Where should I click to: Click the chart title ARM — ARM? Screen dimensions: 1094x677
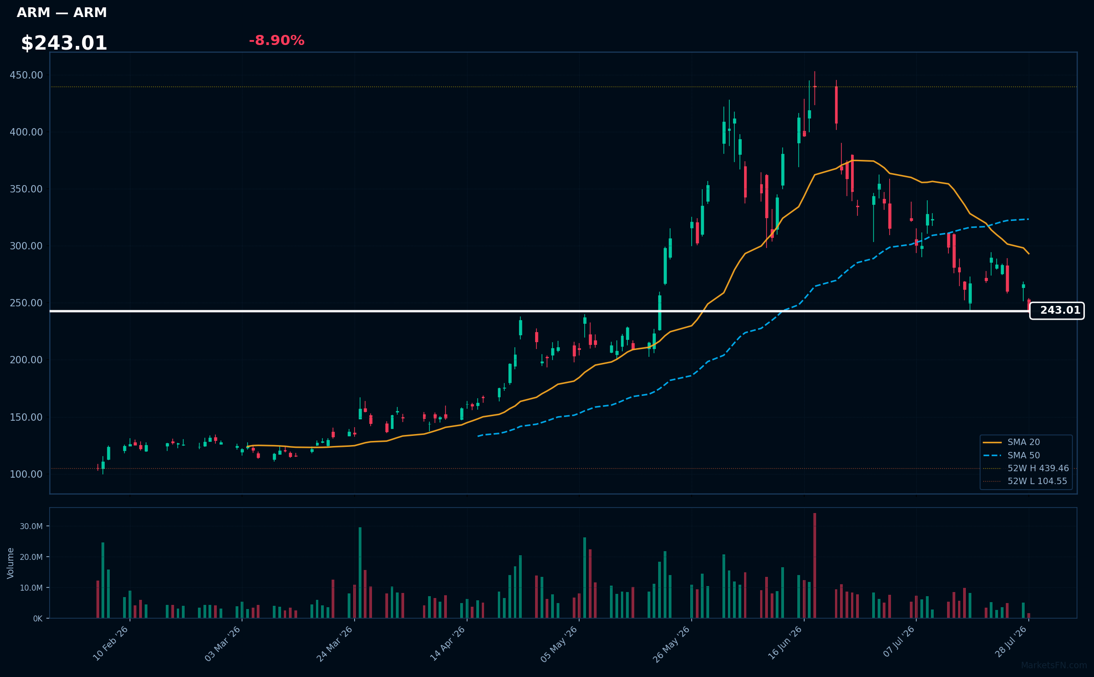[62, 13]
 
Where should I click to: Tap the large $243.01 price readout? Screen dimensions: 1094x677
[64, 43]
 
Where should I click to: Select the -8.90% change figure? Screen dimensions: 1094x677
[276, 40]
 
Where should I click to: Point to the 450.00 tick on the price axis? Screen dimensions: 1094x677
[26, 75]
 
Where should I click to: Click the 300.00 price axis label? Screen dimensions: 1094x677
[26, 246]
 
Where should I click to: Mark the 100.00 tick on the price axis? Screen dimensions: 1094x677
[26, 474]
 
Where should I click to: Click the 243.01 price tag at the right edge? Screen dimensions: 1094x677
[1057, 310]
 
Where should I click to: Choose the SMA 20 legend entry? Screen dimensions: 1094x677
[1011, 442]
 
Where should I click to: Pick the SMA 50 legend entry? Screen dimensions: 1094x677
[1011, 456]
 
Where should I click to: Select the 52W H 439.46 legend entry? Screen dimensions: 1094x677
[1026, 468]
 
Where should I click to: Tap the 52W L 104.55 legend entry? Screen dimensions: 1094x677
[1025, 481]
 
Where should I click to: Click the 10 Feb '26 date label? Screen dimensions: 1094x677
[111, 643]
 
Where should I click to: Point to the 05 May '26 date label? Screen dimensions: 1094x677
[559, 644]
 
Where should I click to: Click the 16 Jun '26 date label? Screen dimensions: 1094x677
[785, 643]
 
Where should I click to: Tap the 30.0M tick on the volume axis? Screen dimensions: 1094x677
[31, 526]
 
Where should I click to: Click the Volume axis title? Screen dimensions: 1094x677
[11, 563]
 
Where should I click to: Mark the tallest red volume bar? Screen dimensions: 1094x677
[815, 565]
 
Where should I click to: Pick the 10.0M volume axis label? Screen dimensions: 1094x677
[31, 588]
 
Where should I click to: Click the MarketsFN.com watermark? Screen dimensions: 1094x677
[1054, 666]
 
